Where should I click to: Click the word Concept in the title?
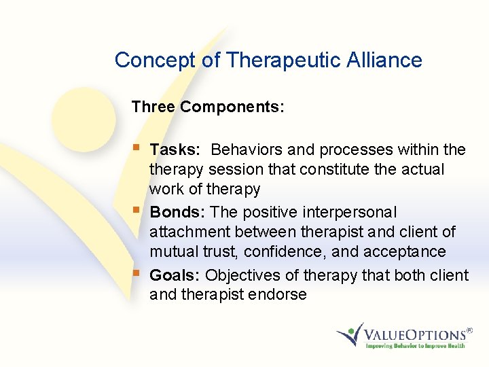pos(156,60)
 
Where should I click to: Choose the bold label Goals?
pos(175,275)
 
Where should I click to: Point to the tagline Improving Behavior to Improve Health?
pos(415,346)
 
